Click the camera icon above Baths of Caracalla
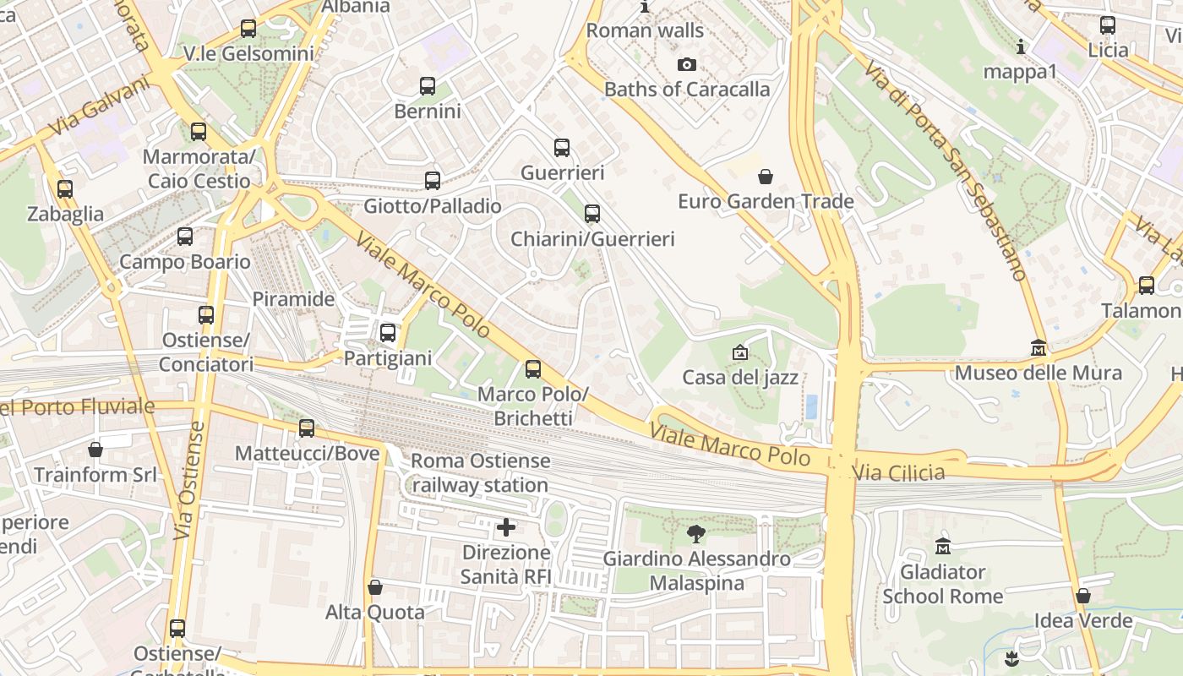(x=687, y=65)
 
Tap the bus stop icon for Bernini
(x=428, y=86)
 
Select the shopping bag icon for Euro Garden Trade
(x=766, y=177)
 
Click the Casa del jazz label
(x=740, y=377)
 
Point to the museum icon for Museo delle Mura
(x=1039, y=348)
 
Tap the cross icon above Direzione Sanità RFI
(x=506, y=528)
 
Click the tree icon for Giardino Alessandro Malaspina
(x=696, y=534)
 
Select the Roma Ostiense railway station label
(x=481, y=473)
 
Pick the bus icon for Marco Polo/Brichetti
(x=533, y=369)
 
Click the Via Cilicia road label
(x=899, y=472)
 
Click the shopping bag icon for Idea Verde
(x=1083, y=597)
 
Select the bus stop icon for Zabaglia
(x=65, y=189)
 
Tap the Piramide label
(x=293, y=299)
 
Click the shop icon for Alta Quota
(x=375, y=587)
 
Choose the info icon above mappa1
(x=1021, y=46)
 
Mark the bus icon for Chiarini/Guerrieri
(x=592, y=214)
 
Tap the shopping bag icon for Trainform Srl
(x=95, y=450)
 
